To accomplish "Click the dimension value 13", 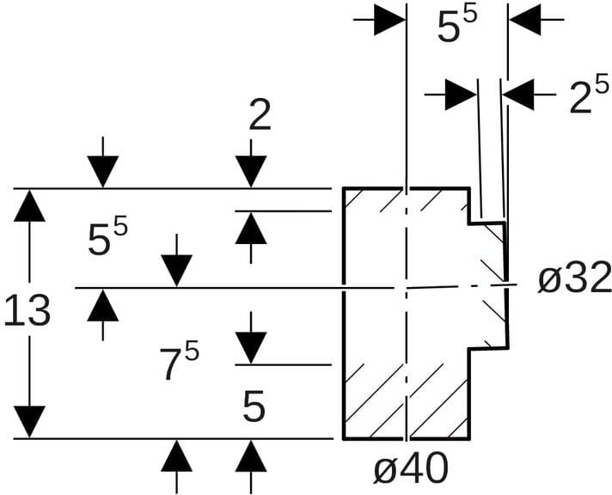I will pyautogui.click(x=28, y=311).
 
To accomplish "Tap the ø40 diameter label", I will pyautogui.click(x=411, y=469).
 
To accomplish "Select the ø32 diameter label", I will pyautogui.click(x=574, y=278).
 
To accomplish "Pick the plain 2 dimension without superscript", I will pyautogui.click(x=260, y=116).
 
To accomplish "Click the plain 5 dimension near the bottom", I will pyautogui.click(x=254, y=407).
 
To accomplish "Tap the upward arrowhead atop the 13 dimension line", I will pyautogui.click(x=30, y=205).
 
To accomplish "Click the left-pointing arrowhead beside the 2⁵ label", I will pyautogui.click(x=517, y=94).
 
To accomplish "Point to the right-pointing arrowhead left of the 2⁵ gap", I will pyautogui.click(x=462, y=94).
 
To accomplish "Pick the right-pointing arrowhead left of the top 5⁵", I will pyautogui.click(x=390, y=20).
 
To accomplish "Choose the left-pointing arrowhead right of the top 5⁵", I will pyautogui.click(x=523, y=20).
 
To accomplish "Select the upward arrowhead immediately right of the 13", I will pyautogui.click(x=102, y=304).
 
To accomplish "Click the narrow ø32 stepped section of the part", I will pyautogui.click(x=487, y=284).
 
